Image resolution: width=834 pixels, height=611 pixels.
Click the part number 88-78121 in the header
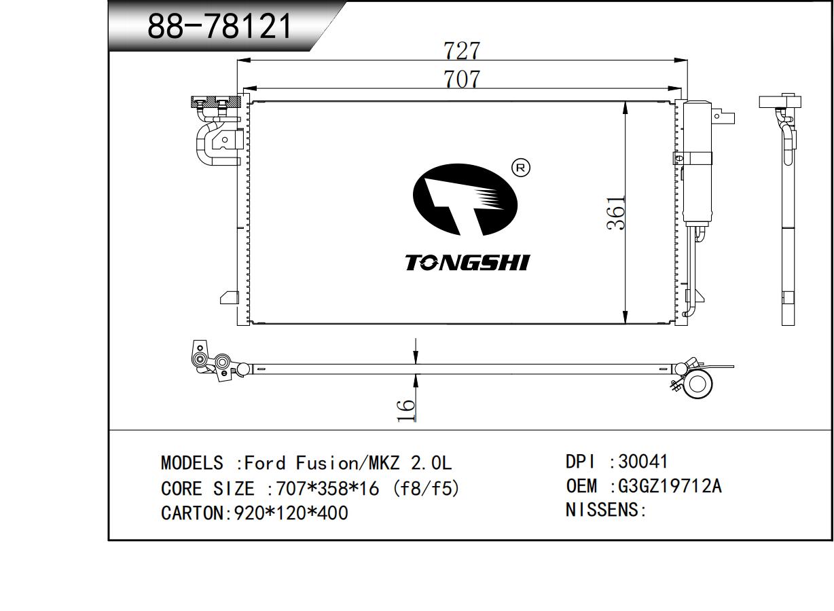coord(219,26)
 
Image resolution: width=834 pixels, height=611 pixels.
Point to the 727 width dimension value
coord(462,51)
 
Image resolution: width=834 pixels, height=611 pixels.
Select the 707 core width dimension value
coord(462,79)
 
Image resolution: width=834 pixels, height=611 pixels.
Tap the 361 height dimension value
coord(615,212)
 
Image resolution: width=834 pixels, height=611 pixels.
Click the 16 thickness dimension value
coord(405,410)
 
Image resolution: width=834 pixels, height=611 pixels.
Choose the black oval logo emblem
coord(465,200)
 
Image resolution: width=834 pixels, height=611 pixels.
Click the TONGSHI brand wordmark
coord(467,263)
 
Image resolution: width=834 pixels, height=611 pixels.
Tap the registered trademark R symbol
coord(521,168)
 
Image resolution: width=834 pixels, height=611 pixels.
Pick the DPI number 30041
coord(643,462)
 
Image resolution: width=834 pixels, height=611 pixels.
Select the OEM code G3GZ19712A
coord(670,486)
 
